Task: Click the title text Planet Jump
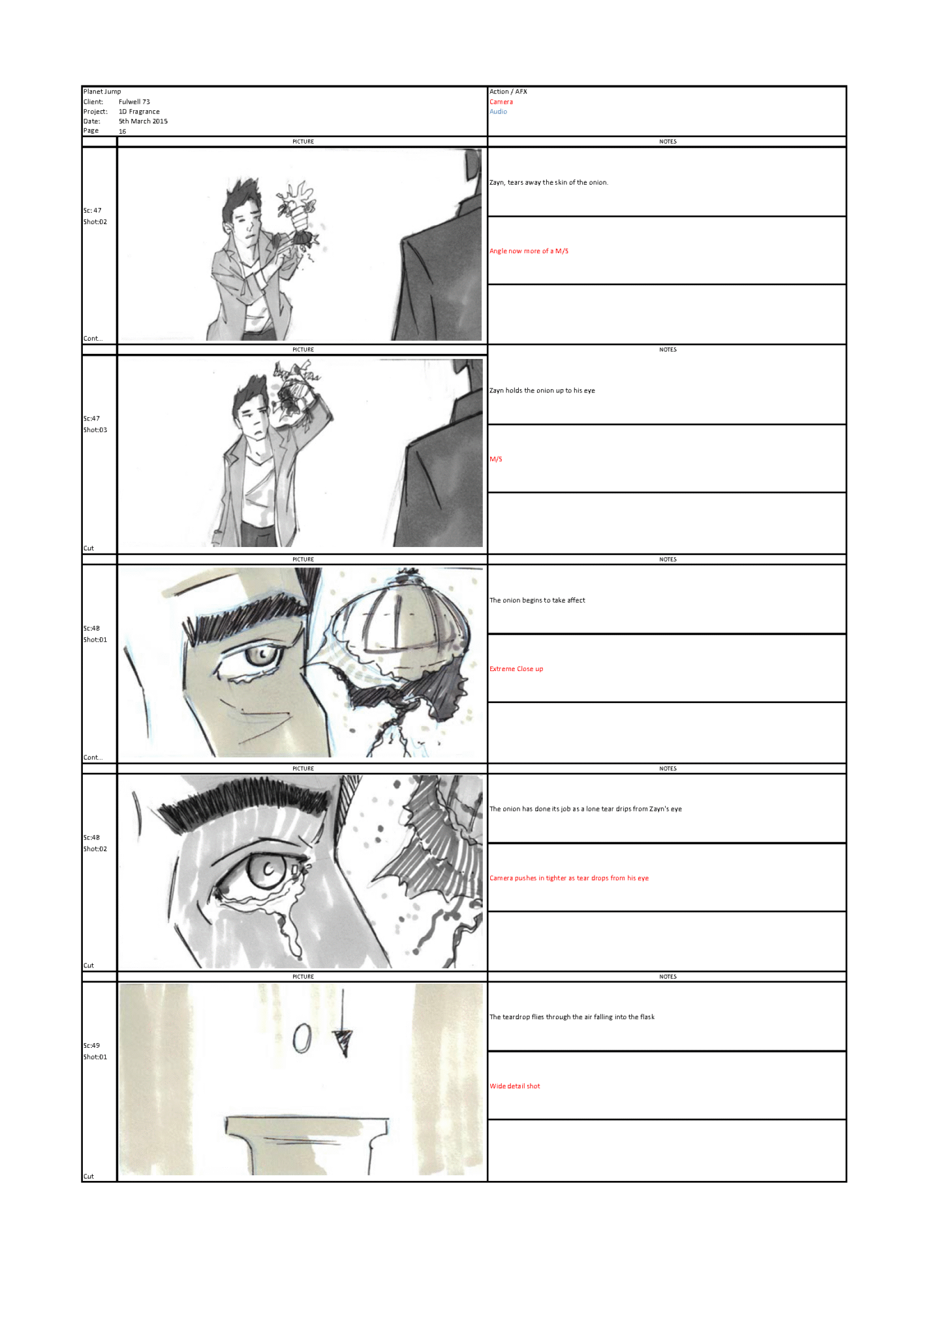(x=102, y=91)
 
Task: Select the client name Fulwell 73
(x=134, y=102)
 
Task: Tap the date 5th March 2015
(x=143, y=121)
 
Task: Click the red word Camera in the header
(x=501, y=102)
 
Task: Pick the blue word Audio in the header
(x=499, y=112)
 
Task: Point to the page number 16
(x=122, y=131)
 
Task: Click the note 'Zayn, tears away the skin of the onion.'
(x=549, y=183)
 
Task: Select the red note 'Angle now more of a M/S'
(x=529, y=251)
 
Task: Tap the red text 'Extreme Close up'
(x=516, y=669)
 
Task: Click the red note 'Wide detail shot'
(x=515, y=1086)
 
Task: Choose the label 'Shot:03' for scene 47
(x=95, y=430)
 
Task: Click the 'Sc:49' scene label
(x=92, y=1045)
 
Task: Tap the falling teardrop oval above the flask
(x=301, y=1038)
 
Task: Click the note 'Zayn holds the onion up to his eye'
(x=542, y=390)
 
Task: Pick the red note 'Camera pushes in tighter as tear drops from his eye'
(x=569, y=878)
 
